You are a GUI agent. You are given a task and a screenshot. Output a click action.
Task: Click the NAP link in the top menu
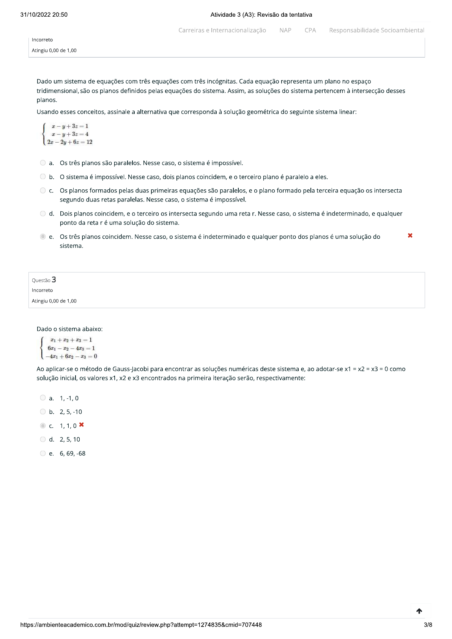(x=285, y=30)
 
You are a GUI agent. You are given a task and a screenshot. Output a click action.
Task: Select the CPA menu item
(x=310, y=30)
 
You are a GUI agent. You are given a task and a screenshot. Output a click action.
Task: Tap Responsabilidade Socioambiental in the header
(x=376, y=30)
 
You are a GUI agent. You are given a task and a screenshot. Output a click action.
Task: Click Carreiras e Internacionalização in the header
(x=222, y=30)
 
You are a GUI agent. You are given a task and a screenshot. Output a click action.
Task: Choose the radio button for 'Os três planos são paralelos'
(x=43, y=163)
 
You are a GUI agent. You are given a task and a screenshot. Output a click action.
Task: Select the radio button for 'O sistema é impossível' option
(x=43, y=177)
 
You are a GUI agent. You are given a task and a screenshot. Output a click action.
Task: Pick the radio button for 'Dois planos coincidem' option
(x=43, y=214)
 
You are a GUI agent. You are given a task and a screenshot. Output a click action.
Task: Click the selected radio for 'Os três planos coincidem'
(x=43, y=237)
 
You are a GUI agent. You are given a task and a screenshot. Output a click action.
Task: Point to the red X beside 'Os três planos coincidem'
(x=410, y=236)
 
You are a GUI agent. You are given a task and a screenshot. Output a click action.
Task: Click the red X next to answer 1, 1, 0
(x=82, y=425)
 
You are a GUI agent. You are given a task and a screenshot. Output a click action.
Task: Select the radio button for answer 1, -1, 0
(x=43, y=398)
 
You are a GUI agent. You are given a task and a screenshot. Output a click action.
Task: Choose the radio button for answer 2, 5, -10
(x=43, y=412)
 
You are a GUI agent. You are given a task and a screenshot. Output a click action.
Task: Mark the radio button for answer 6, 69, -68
(x=43, y=453)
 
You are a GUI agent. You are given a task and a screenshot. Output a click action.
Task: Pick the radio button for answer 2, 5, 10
(x=43, y=439)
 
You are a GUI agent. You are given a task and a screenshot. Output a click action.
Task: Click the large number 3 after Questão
(x=54, y=280)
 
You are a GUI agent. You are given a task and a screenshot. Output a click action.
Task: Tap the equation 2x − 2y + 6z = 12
(x=70, y=142)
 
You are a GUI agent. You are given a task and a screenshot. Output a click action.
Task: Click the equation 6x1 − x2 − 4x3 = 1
(x=71, y=348)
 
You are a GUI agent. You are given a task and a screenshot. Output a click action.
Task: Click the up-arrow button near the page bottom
(x=419, y=611)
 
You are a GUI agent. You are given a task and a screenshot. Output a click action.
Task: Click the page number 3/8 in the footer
(x=428, y=625)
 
